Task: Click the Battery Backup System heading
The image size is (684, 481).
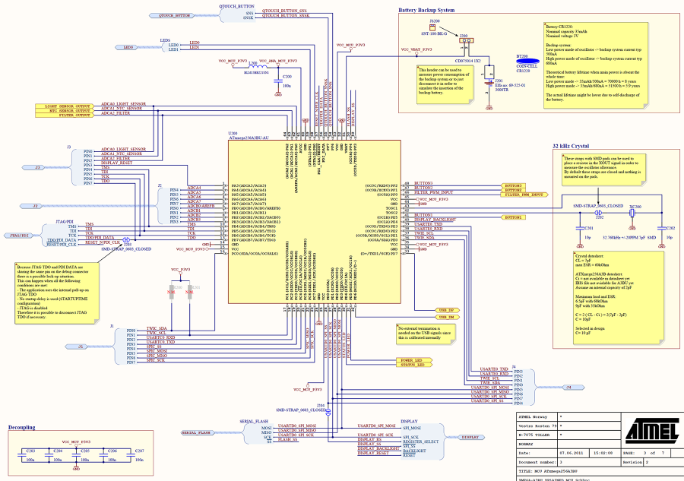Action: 426,11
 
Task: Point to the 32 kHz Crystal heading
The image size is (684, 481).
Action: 572,145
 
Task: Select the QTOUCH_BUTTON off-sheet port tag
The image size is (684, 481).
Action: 173,15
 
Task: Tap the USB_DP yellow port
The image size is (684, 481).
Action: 446,310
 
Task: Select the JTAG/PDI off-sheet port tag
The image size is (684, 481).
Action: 19,236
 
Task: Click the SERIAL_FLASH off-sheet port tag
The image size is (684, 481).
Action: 196,432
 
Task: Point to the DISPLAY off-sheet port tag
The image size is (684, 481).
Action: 470,438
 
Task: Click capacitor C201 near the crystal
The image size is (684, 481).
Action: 584,227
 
